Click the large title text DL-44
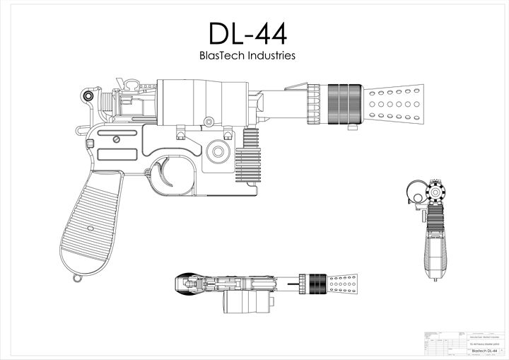click(x=247, y=33)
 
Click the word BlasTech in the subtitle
click(x=223, y=55)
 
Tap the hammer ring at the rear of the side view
click(x=88, y=95)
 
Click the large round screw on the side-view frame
click(x=217, y=151)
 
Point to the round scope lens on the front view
click(x=417, y=191)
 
